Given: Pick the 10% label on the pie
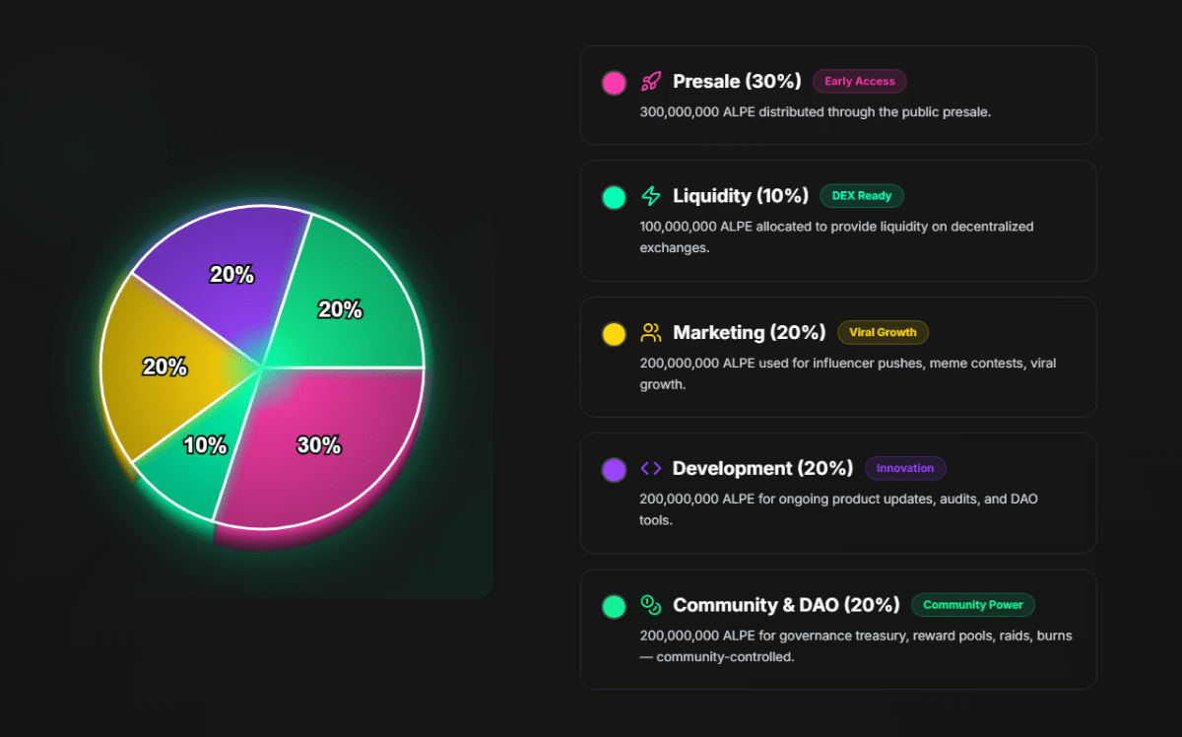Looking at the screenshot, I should tap(205, 445).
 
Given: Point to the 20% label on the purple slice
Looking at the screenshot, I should tap(231, 275).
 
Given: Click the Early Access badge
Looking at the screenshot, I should tap(860, 82).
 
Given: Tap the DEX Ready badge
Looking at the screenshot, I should tap(861, 196).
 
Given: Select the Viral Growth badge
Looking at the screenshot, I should tap(883, 332).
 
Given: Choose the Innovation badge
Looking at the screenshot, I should tap(905, 468).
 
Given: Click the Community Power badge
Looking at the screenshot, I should tap(972, 605).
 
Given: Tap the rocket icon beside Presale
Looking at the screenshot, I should tap(651, 82).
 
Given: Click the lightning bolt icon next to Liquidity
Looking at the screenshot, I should tap(651, 196).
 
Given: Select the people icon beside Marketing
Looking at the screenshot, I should tap(651, 332).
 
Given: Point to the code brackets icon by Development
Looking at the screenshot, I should tap(651, 468).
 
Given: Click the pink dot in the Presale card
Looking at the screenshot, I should tap(614, 83).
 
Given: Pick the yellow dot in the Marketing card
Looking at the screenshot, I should tap(614, 334).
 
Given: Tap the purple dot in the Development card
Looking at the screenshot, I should tap(614, 470).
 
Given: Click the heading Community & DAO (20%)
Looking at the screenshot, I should tap(786, 605).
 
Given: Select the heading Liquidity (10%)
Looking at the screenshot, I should tap(741, 196).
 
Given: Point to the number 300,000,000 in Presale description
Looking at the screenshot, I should tap(679, 112).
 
